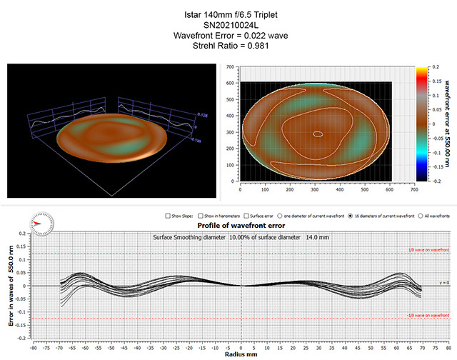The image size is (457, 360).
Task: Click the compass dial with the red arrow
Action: click(x=43, y=221)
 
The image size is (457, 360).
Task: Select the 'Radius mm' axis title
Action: click(x=241, y=354)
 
